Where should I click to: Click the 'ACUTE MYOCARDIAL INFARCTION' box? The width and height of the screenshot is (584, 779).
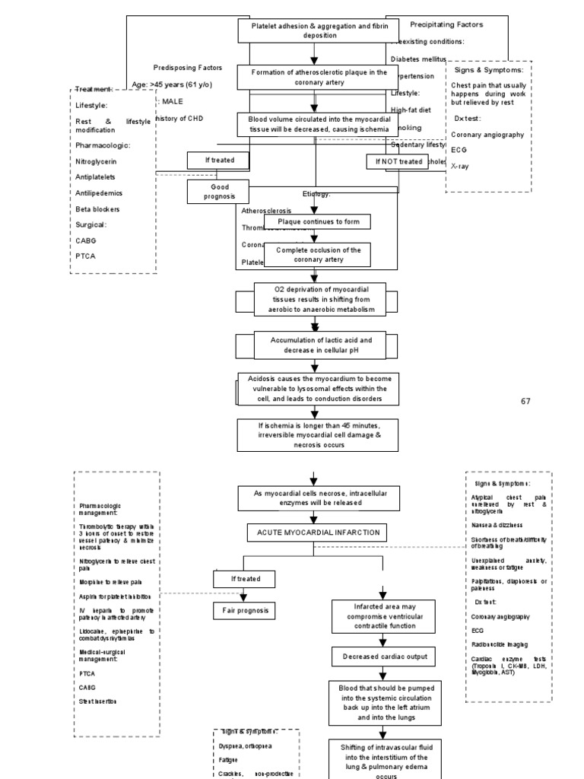(x=313, y=533)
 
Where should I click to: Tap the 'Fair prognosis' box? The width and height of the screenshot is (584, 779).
(x=243, y=610)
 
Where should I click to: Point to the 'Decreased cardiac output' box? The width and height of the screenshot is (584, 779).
(x=383, y=656)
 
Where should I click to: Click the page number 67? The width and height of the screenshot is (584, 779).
(x=525, y=401)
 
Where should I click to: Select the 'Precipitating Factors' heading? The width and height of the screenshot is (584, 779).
(x=446, y=24)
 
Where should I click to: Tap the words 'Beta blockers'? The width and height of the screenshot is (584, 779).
(x=97, y=209)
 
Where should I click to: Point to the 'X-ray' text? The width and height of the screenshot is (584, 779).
(x=460, y=165)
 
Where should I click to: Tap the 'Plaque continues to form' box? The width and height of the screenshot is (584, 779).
(x=317, y=221)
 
